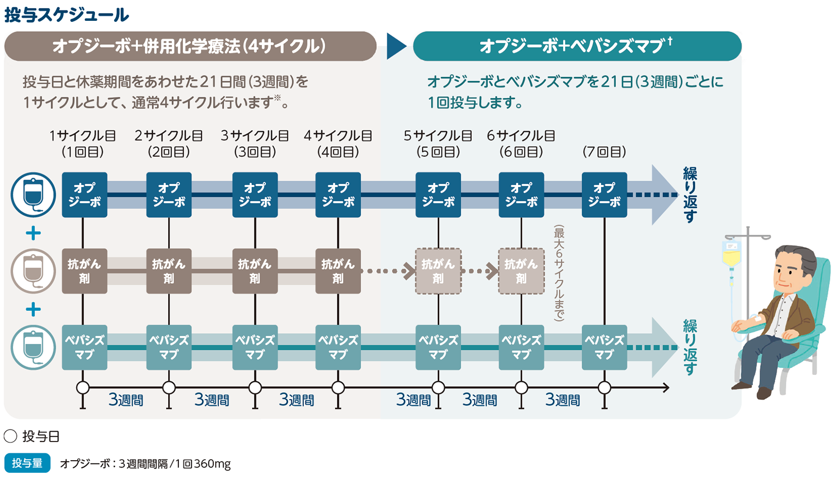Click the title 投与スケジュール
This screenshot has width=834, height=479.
67,15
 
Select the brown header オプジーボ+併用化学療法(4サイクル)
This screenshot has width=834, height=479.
190,46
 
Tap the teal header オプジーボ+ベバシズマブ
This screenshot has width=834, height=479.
577,46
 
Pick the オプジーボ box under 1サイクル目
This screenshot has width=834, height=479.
84,195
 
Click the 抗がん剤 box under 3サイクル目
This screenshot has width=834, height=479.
255,271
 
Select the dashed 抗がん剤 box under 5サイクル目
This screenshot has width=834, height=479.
438,271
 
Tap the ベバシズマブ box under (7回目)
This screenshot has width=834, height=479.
604,347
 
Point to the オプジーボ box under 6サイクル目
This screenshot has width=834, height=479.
521,195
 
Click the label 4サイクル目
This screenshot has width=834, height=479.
338,136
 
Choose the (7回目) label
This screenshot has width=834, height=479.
604,152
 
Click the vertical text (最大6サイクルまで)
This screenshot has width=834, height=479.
559,273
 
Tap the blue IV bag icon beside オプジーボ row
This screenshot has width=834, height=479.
33,195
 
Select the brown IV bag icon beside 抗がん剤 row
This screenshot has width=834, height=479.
33,271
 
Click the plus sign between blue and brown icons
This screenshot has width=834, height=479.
33,233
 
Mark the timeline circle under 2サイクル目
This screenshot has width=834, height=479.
169,387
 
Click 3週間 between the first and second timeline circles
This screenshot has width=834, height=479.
126,400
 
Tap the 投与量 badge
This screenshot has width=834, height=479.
27,463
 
